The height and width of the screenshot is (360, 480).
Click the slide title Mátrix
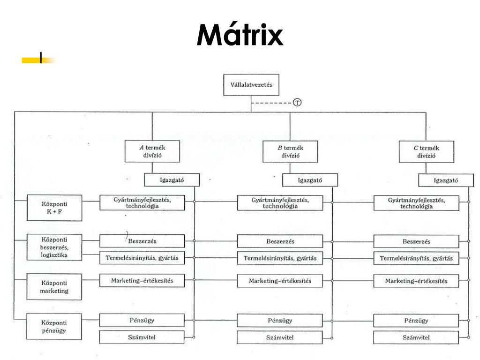pos(240,34)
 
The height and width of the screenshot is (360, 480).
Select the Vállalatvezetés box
pos(251,85)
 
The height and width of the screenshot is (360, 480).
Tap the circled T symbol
pos(297,103)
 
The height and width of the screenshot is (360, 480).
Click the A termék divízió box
pos(152,151)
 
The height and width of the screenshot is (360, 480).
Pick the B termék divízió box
pos(290,151)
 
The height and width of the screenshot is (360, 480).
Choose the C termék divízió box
pos(426,152)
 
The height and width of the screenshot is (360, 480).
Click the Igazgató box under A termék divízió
pos(172,180)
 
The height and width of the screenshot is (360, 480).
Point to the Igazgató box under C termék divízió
pos(446,180)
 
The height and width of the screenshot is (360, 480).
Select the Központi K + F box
pos(54,208)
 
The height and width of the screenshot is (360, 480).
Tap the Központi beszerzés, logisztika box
pos(54,247)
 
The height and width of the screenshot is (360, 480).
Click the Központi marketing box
pos(54,287)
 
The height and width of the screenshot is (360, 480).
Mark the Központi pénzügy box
pos(54,326)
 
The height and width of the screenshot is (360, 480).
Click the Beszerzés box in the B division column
pos(280,241)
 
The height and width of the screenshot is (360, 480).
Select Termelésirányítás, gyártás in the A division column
pos(142,258)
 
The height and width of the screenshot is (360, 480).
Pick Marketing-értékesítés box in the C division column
pos(416,281)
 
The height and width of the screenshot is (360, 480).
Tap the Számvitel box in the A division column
pos(142,337)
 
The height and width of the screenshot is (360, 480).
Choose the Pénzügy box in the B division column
pos(280,321)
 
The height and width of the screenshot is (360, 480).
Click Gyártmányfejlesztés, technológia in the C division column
pos(416,203)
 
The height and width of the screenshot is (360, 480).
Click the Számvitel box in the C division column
pos(416,337)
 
